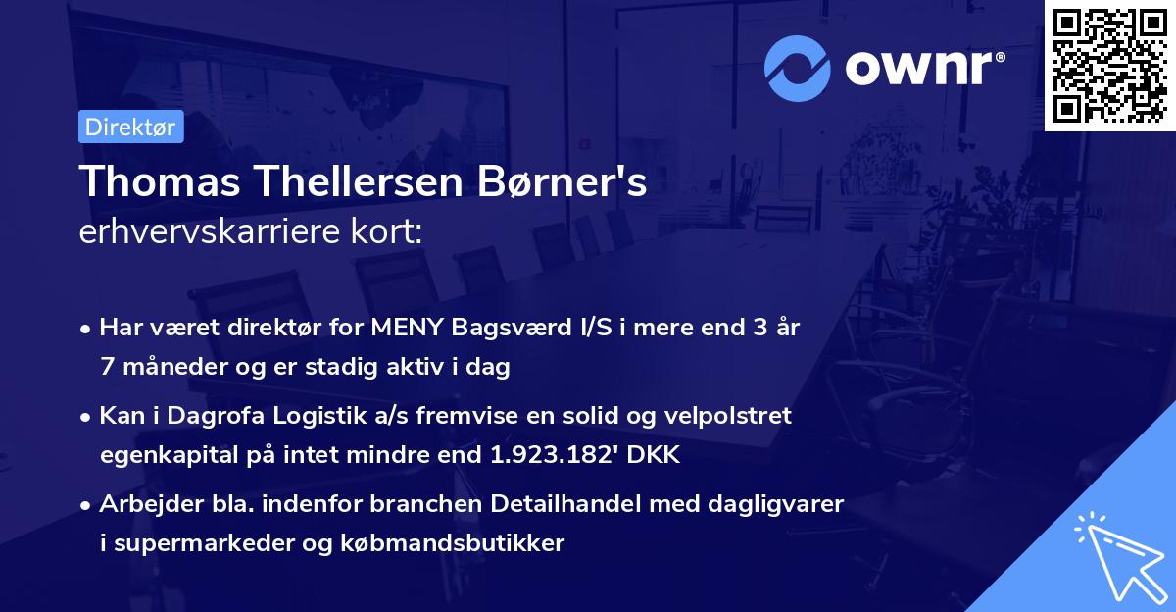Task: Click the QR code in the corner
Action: pos(1109,66)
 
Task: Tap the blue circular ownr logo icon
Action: pos(798,68)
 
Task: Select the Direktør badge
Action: pos(130,127)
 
